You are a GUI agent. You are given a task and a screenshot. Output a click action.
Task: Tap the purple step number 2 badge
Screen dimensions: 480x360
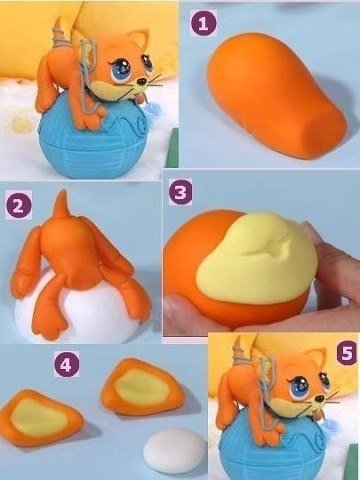pyautogui.click(x=17, y=206)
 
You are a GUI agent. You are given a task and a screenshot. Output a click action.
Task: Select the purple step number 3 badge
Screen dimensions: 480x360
pyautogui.click(x=181, y=192)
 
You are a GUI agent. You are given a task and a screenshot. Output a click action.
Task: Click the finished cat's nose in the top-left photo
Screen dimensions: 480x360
pyautogui.click(x=147, y=82)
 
